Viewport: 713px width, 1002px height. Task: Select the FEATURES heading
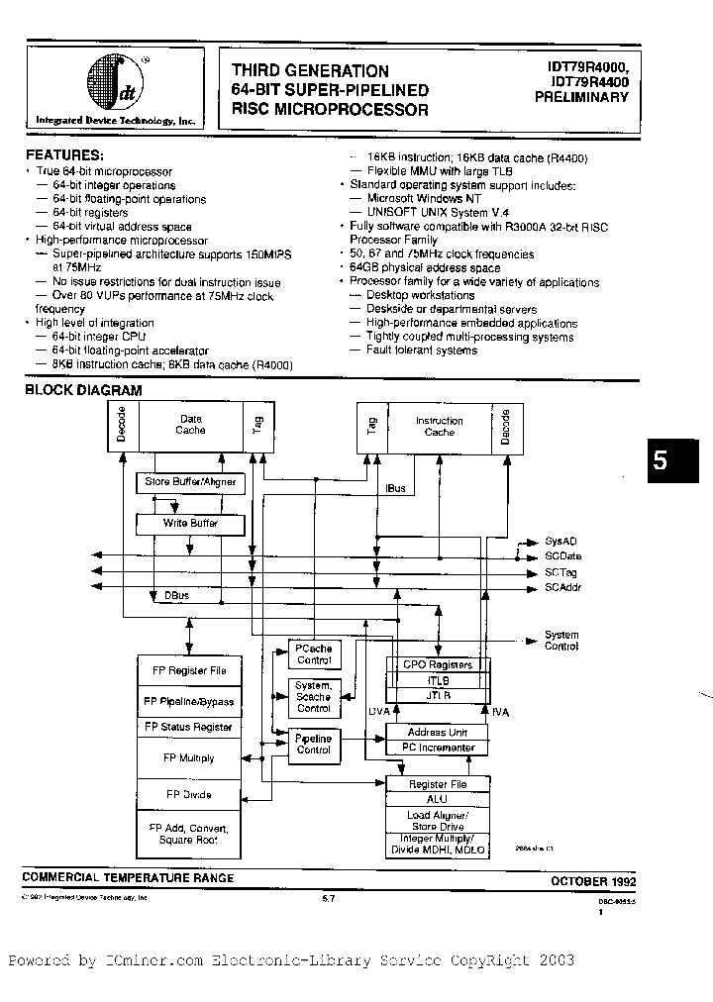point(64,155)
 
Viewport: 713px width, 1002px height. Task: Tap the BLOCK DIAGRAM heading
point(83,390)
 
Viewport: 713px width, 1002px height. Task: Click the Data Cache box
point(190,425)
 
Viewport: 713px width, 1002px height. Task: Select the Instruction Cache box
point(439,426)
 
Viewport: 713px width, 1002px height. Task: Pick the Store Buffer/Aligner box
point(190,482)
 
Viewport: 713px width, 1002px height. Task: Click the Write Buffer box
point(190,523)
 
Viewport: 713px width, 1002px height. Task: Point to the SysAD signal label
point(560,542)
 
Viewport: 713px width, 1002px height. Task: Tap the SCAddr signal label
point(562,587)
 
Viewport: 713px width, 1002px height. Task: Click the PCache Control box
point(314,654)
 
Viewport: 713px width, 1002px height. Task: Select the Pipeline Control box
point(314,744)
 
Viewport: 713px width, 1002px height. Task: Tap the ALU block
point(436,800)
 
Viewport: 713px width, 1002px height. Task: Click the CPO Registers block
point(436,664)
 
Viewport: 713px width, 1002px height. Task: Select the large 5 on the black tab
point(662,462)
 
